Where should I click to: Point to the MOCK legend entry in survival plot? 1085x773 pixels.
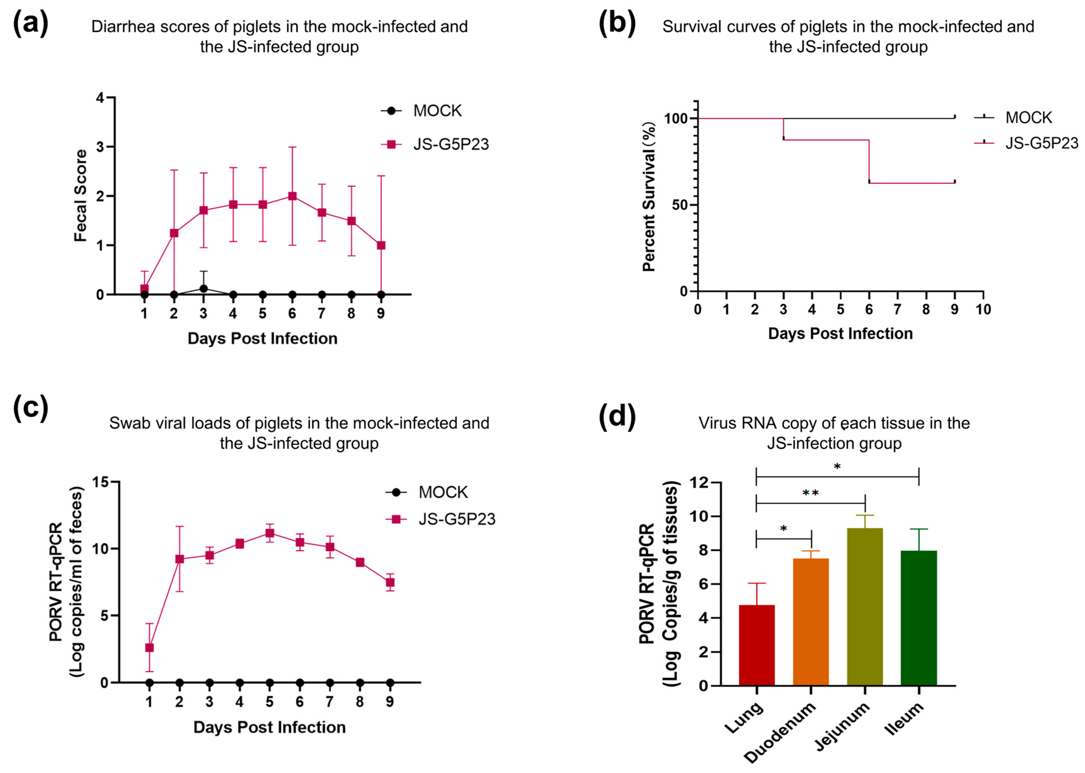[1028, 118]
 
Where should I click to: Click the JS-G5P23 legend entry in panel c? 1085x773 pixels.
[456, 519]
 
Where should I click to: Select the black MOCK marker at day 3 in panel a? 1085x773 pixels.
[203, 288]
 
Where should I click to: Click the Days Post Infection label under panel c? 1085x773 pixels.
[269, 727]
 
